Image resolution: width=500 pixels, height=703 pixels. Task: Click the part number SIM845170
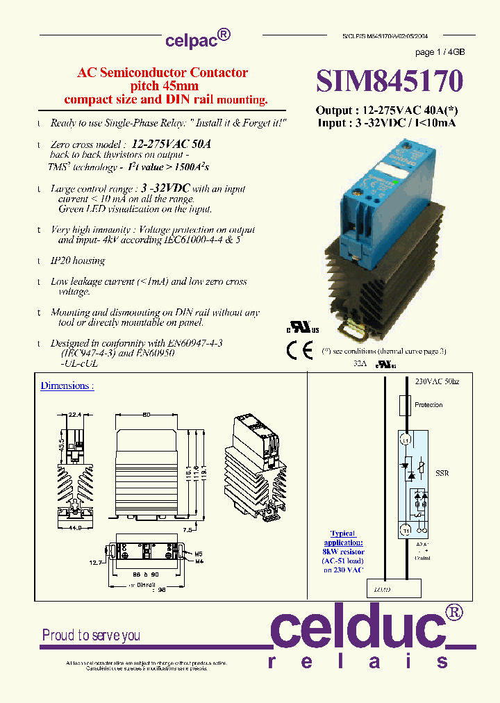389,81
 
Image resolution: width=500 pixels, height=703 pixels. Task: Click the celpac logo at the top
197,40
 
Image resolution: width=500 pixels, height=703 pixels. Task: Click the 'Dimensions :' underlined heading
67,386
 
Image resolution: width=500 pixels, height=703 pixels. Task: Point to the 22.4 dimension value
75,414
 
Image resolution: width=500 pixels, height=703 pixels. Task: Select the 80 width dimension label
147,415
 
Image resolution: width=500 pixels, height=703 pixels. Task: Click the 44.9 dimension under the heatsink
74,527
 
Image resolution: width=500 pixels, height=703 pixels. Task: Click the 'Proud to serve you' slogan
91,635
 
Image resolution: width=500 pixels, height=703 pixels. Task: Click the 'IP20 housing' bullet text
78,260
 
